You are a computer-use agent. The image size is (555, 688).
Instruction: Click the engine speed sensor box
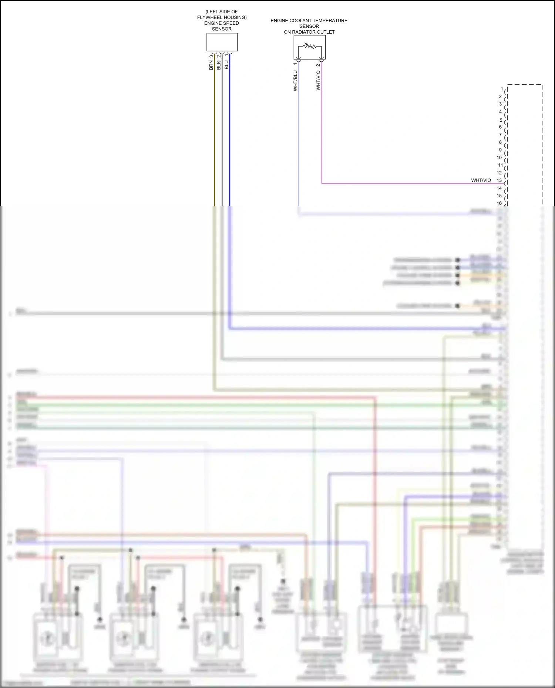(222, 42)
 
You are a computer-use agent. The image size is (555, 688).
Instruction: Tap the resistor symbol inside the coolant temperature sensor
(309, 46)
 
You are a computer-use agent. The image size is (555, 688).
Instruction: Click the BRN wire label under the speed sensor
(211, 65)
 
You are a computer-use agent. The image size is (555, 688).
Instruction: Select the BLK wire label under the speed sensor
(219, 65)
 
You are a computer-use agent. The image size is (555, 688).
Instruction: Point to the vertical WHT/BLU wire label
(295, 81)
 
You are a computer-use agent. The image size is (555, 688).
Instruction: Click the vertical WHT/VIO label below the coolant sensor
(318, 81)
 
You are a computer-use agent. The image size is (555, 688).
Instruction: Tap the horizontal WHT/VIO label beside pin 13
(481, 180)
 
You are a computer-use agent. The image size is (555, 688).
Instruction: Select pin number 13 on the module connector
(499, 180)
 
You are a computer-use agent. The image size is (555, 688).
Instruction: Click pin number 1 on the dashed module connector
(502, 89)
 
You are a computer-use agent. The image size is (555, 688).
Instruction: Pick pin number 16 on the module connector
(499, 203)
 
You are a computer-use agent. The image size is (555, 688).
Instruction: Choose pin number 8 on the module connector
(500, 142)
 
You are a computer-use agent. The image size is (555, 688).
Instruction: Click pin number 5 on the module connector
(501, 120)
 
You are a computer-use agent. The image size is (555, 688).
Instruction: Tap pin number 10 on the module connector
(499, 157)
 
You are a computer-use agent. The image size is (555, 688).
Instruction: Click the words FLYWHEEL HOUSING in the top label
(222, 17)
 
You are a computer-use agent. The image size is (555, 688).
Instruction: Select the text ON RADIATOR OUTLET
(309, 32)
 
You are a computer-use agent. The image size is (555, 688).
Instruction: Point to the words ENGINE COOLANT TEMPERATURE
(309, 21)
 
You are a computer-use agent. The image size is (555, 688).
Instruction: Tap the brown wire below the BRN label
(214, 140)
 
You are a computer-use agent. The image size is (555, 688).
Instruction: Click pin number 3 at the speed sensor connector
(211, 57)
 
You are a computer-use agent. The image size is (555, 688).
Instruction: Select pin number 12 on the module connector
(499, 173)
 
